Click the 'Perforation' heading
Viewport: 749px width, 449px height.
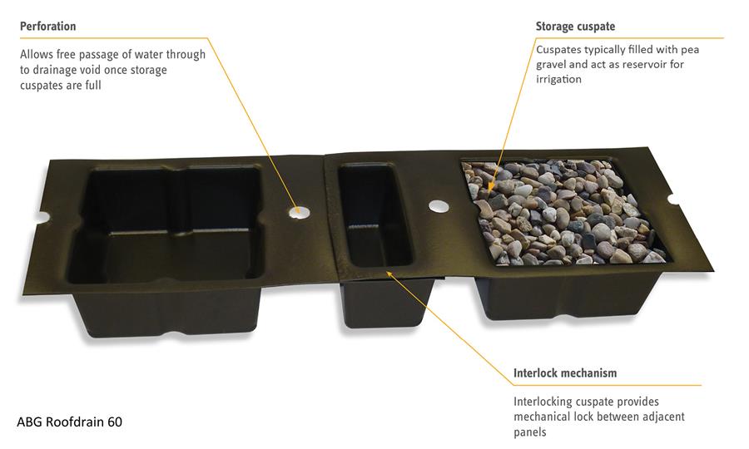47,26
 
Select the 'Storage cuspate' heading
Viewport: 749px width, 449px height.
575,27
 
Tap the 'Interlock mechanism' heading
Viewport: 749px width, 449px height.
565,373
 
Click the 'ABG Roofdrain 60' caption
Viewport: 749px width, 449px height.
70,422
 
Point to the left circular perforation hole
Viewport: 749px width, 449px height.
298,210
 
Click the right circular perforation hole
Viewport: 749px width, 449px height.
438,205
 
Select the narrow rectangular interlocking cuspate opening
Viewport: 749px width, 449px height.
375,215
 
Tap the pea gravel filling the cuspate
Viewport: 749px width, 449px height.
563,212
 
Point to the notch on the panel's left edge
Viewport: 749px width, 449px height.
42,218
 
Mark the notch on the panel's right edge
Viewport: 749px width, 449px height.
672,200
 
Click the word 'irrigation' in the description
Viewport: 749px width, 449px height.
558,79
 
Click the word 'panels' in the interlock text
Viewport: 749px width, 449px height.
530,432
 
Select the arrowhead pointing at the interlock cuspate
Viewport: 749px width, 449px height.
389,274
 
